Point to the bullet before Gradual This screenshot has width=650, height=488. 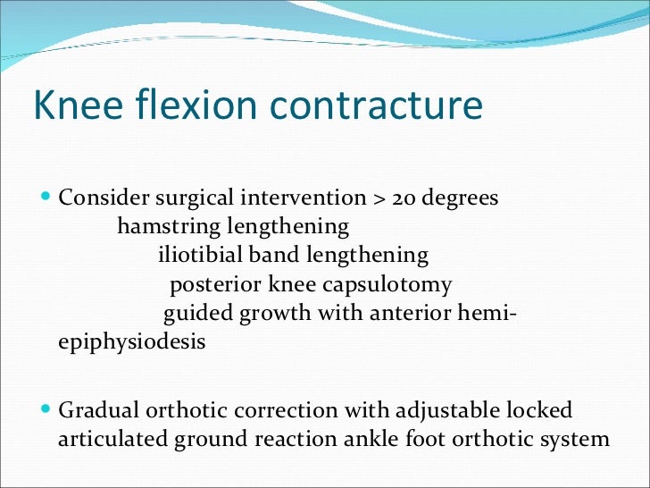[x=46, y=410]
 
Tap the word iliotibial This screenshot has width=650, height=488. [x=200, y=256]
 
